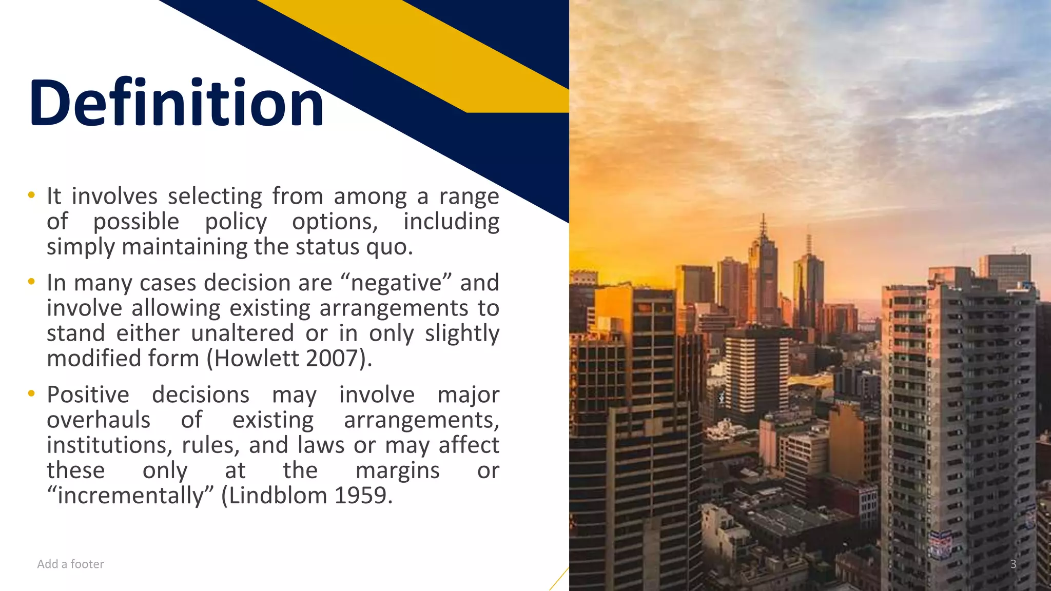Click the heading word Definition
pos(176,103)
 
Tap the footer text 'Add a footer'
pos(70,564)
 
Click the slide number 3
pos(1013,564)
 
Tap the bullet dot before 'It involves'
pos(32,195)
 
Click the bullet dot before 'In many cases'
pos(32,282)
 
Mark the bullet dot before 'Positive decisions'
pos(32,393)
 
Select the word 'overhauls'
pos(99,420)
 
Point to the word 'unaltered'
pos(242,333)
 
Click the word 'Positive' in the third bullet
pos(88,395)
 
